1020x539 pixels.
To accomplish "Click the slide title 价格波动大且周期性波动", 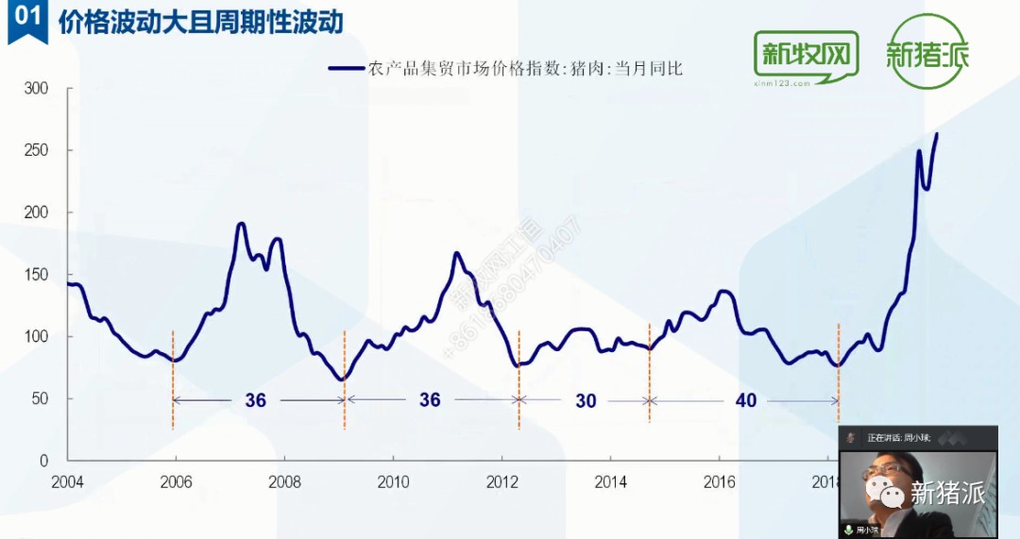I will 200,21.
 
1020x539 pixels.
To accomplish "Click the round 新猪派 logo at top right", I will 926,52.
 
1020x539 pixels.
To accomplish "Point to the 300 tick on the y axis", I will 36,89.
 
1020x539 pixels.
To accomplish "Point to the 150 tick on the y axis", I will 36,275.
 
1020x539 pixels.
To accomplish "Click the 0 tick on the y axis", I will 42,461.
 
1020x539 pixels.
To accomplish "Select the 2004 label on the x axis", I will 67,482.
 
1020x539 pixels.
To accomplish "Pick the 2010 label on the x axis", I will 393,482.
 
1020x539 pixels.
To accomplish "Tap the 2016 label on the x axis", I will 720,482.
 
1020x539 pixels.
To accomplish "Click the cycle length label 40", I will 746,401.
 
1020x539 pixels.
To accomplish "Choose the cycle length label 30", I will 586,401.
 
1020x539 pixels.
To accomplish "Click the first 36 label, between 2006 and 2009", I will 255,400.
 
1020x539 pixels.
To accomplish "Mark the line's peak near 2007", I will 241,224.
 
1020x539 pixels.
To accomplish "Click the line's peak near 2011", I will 456,253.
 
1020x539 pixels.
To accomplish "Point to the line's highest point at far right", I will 936,134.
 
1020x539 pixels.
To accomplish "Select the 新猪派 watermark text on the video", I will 947,492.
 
